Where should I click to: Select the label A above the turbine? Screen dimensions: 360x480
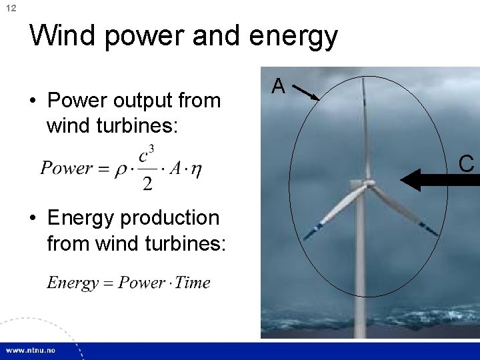[279, 86]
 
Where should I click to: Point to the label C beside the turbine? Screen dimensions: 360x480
[466, 163]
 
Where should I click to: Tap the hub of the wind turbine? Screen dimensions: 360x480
[365, 184]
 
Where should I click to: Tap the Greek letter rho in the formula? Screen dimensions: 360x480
[121, 169]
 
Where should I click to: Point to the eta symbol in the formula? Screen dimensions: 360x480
[196, 169]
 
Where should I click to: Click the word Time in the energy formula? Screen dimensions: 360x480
[193, 283]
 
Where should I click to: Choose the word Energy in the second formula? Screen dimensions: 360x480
[73, 283]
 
